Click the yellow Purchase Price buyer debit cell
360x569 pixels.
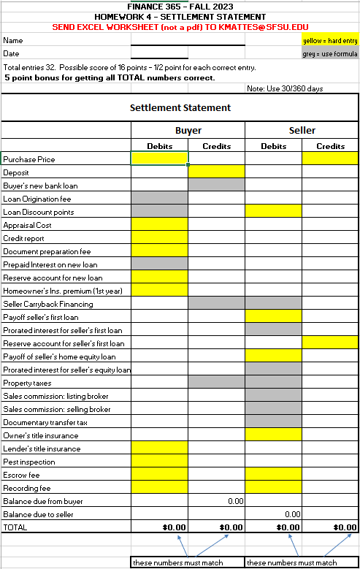tap(159, 159)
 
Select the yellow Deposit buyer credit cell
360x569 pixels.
tap(216, 172)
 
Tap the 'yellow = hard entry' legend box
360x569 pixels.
tap(329, 41)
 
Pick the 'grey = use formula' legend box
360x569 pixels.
tap(329, 54)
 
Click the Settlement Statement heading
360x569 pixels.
tap(180, 107)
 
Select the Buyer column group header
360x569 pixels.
tap(188, 130)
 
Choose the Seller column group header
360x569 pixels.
tap(302, 130)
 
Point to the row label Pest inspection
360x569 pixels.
tap(29, 462)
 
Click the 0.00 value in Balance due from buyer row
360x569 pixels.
tap(234, 501)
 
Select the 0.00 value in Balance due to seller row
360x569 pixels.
tap(292, 514)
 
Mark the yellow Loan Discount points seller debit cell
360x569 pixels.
tap(273, 211)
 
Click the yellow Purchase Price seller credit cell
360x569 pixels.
tap(330, 159)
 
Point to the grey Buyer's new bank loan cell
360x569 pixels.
tap(216, 185)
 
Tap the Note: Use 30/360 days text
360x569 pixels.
tap(285, 88)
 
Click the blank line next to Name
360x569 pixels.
tap(159, 41)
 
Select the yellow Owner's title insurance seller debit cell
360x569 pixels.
tap(273, 435)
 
